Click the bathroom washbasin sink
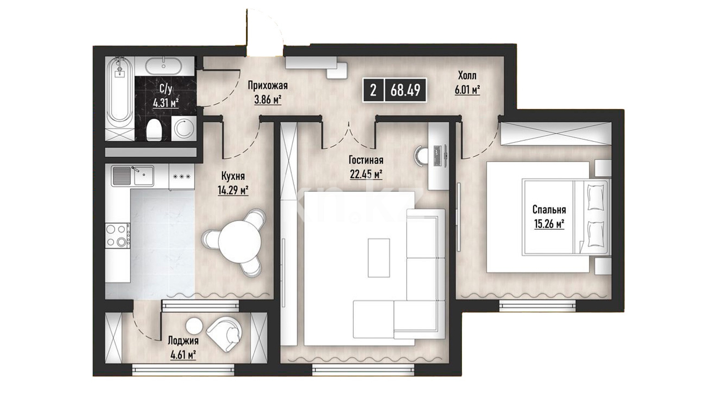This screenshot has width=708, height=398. coord(164,66)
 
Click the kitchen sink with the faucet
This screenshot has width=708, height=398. coord(133,175)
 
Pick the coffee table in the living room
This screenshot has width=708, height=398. coord(379,257)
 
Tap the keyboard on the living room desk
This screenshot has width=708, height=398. coord(438,156)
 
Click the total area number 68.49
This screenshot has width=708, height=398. coord(406,90)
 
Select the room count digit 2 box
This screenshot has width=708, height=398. coord(374,90)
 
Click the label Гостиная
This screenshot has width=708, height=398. coord(366,160)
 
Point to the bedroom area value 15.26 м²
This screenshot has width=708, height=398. coord(549,225)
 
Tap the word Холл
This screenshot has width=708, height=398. coord(467,76)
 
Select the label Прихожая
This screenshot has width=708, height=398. coord(268,86)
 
